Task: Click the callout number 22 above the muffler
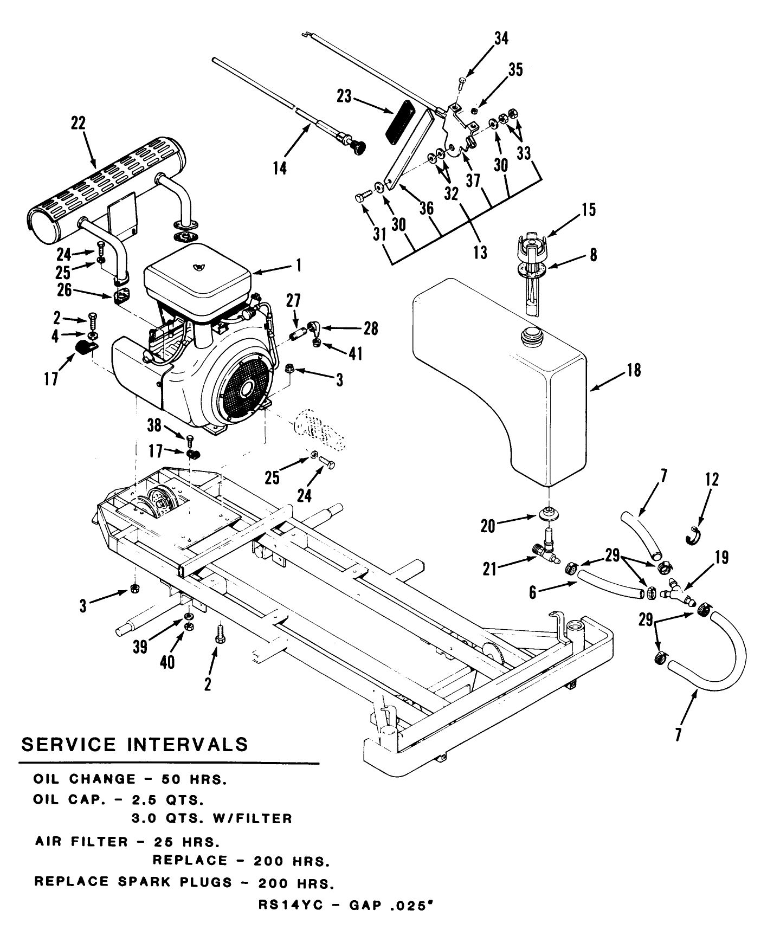(79, 123)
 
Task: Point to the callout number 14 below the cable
(279, 167)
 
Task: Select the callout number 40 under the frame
(167, 662)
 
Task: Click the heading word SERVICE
(68, 744)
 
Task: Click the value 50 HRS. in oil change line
(193, 779)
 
